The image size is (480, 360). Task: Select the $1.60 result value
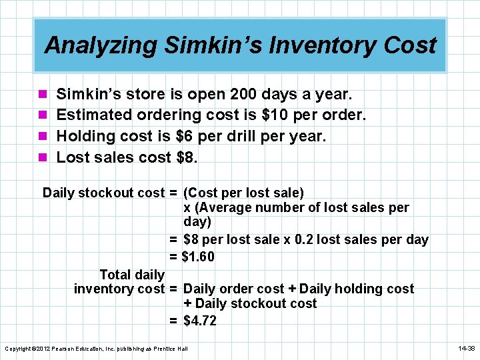[199, 257]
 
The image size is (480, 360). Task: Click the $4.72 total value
[200, 321]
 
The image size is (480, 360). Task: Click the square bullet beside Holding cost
[43, 137]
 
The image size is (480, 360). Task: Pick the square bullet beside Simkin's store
[43, 95]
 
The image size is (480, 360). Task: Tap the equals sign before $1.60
[173, 257]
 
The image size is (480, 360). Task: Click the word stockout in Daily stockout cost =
[107, 193]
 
